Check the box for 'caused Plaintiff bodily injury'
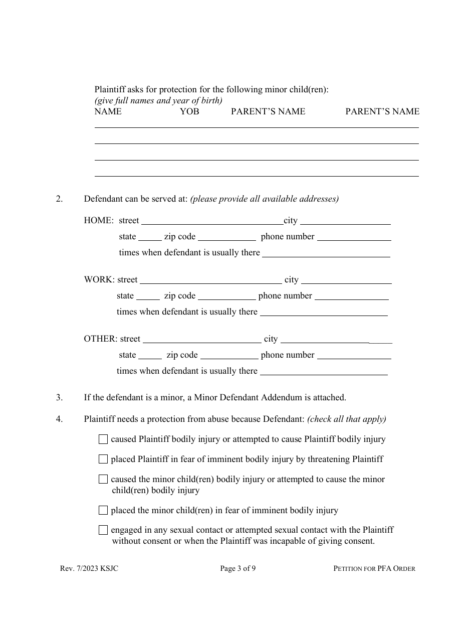[x=103, y=439]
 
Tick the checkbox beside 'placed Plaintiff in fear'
[x=103, y=459]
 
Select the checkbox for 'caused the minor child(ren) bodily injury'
[x=103, y=479]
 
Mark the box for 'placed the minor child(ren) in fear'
[x=103, y=510]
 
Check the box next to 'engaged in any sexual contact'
[x=103, y=530]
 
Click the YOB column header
[x=189, y=111]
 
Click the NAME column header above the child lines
[x=108, y=111]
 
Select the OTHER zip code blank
[x=229, y=357]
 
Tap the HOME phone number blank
[x=354, y=238]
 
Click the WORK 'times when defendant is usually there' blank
[x=324, y=314]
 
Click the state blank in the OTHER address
[x=150, y=357]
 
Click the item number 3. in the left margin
[x=59, y=397]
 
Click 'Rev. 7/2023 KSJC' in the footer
[x=89, y=568]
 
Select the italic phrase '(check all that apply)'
[x=347, y=419]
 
